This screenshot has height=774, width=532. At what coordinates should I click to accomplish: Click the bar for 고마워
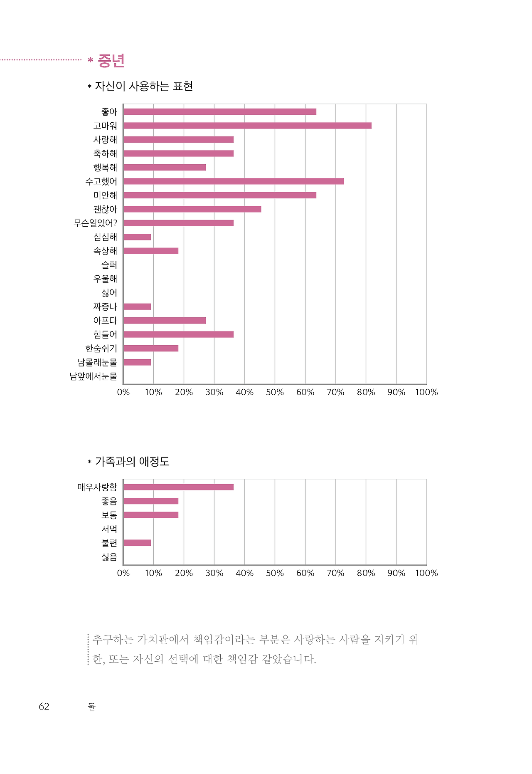(247, 126)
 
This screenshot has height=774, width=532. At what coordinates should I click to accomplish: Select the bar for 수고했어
(234, 181)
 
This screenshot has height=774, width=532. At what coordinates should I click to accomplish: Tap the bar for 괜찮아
(192, 209)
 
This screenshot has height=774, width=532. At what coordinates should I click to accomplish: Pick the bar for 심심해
(137, 237)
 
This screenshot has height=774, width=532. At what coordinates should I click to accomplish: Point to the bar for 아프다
(165, 321)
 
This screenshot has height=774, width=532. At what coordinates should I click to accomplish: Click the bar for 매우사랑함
(178, 487)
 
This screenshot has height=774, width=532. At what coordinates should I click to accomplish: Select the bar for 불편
(137, 543)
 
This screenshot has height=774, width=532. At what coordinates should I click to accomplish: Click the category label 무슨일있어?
(95, 223)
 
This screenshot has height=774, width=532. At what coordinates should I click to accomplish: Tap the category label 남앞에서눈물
(93, 376)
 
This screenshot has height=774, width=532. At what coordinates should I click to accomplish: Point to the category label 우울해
(105, 279)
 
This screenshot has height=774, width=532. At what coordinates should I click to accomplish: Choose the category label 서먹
(109, 529)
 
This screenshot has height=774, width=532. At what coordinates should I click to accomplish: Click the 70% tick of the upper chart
(335, 392)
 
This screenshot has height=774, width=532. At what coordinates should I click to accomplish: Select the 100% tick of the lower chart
(426, 573)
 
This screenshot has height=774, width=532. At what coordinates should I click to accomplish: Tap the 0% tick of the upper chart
(123, 392)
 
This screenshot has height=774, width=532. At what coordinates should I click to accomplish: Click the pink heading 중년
(111, 61)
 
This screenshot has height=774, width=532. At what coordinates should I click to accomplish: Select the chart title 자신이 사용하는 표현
(144, 86)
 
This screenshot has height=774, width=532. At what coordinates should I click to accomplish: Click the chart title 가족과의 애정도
(132, 461)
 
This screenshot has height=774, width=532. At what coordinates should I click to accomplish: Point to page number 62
(44, 707)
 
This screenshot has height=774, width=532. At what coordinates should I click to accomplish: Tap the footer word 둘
(92, 707)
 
